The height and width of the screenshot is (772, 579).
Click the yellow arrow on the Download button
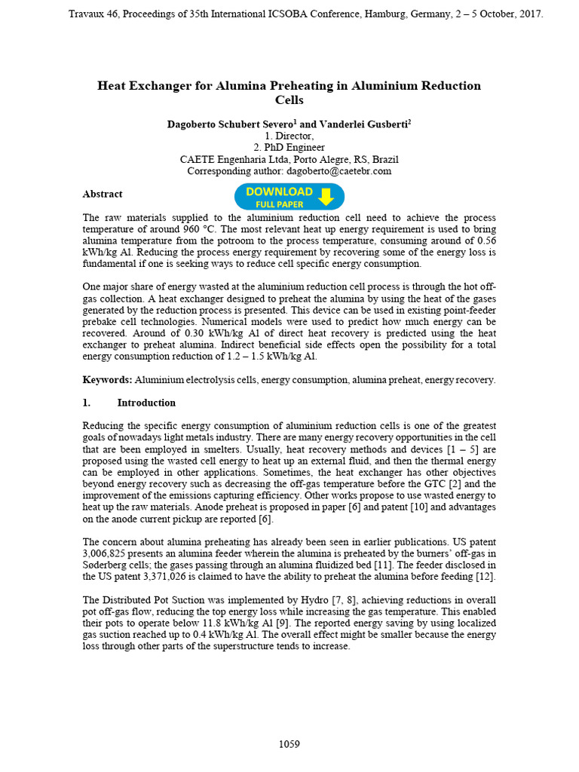pos(326,197)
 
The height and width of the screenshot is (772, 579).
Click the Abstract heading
pos(102,194)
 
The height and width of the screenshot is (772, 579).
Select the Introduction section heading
pos(146,403)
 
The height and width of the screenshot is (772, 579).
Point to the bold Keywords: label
pos(107,380)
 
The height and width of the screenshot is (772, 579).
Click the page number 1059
pos(289,744)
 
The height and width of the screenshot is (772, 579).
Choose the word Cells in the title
pos(289,100)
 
